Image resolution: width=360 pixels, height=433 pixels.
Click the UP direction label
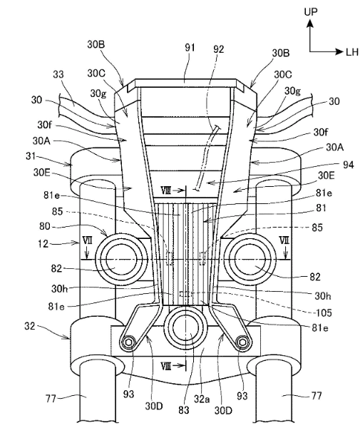311,11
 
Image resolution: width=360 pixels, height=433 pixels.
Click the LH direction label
352,51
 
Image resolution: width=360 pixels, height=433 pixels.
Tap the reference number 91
190,48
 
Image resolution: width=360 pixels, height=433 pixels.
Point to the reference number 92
219,49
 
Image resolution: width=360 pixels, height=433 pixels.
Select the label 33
58,74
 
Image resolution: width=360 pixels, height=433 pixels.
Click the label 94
349,165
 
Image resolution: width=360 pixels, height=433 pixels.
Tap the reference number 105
324,312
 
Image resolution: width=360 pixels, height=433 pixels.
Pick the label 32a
202,399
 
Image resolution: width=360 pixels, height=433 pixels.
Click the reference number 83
183,409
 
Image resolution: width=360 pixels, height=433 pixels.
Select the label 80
45,226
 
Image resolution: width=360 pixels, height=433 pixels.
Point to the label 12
43,243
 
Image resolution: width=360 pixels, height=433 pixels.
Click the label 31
31,156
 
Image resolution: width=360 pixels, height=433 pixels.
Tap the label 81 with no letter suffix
321,208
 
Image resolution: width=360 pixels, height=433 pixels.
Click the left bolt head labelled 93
128,342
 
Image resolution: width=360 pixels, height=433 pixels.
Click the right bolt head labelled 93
242,342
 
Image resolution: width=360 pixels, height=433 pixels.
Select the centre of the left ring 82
120,260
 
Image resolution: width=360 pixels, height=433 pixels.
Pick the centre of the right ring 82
250,260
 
